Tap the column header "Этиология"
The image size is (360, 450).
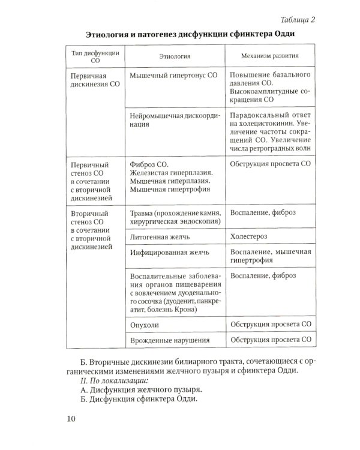tap(175, 57)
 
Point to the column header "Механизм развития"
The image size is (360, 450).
tap(269, 57)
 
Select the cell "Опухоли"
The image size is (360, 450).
tap(145, 324)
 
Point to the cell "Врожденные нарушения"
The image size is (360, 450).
tap(169, 341)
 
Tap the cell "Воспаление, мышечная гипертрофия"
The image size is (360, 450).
tap(270, 257)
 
